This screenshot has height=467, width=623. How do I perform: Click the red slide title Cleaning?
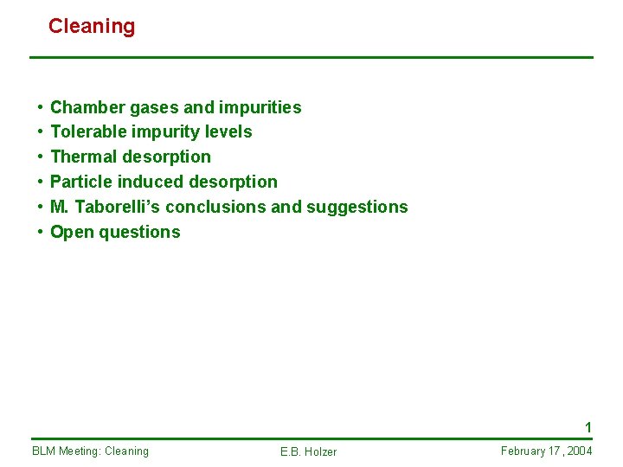[x=92, y=26]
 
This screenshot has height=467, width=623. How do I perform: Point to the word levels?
[x=228, y=131]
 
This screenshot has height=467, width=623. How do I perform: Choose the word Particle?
[x=81, y=182]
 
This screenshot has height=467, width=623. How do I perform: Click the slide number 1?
[x=588, y=427]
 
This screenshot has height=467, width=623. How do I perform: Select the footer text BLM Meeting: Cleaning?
[x=90, y=451]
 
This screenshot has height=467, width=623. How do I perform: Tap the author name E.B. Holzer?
[x=308, y=451]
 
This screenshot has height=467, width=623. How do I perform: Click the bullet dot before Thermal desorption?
[x=41, y=157]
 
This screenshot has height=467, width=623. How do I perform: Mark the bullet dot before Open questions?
[x=41, y=233]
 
